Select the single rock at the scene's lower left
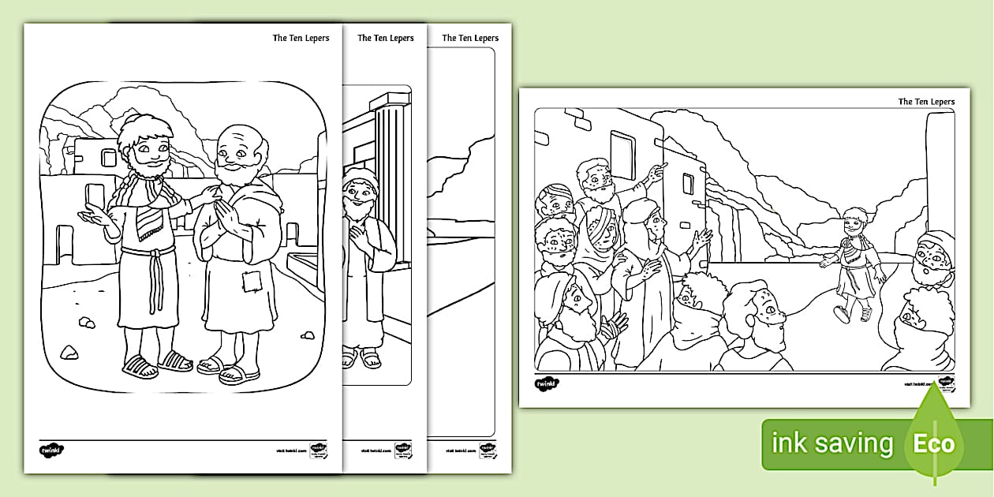point(69,352)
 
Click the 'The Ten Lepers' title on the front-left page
point(301,38)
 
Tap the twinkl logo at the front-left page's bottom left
point(51,450)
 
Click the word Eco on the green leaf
point(934,443)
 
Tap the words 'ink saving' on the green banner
point(833,443)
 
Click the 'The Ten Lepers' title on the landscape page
point(926,102)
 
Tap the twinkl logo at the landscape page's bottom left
point(546,384)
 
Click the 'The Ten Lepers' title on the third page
point(470,38)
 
